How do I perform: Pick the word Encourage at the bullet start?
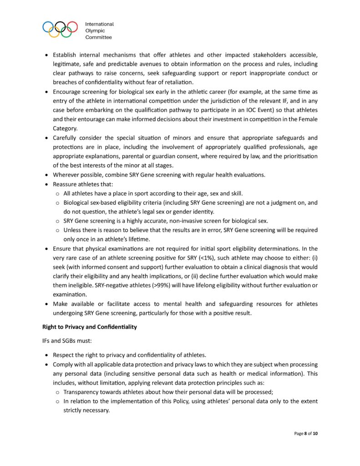(x=68, y=91)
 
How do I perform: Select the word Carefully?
(x=66, y=137)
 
